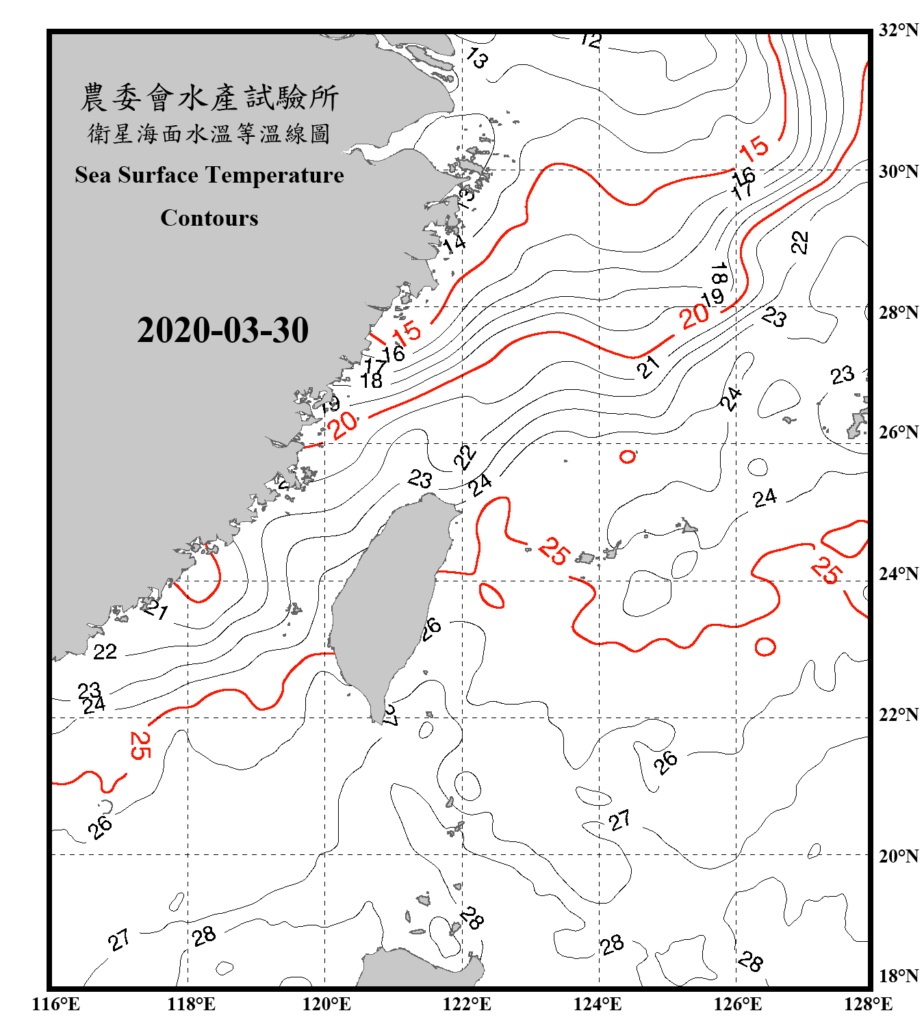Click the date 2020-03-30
[x=222, y=330]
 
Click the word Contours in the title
[x=209, y=218]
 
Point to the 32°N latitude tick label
[x=899, y=30]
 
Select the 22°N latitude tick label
[x=899, y=715]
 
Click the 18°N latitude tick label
[x=899, y=976]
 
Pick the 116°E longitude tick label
[x=56, y=1004]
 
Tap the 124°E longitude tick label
[x=598, y=1004]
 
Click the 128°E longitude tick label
[x=868, y=1004]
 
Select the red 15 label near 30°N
[x=754, y=148]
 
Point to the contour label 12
[x=590, y=40]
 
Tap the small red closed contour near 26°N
[x=628, y=456]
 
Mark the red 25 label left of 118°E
[x=140, y=745]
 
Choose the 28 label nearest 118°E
[x=204, y=936]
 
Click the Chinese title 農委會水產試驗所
[x=209, y=98]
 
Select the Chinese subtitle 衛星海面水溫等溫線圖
[x=209, y=133]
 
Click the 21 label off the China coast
[x=156, y=608]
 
